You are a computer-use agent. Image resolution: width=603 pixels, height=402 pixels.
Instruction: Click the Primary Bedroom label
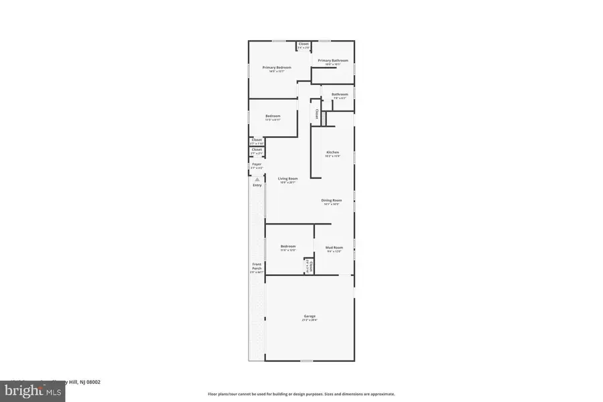[x=276, y=68]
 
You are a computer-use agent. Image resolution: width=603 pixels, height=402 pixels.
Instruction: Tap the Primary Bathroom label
[x=329, y=61]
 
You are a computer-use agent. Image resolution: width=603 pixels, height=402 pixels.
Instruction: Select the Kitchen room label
[x=333, y=153]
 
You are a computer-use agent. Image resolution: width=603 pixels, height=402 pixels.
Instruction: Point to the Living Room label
[x=288, y=179]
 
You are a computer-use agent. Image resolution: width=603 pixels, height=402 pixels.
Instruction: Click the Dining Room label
[x=332, y=201]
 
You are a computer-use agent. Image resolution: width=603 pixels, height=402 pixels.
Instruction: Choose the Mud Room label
[x=334, y=247]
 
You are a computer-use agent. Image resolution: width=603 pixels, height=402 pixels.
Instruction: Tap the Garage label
[x=310, y=316]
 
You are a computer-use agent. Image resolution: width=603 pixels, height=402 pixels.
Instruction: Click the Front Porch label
[x=256, y=267]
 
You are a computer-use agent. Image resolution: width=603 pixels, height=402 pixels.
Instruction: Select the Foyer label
[x=257, y=164]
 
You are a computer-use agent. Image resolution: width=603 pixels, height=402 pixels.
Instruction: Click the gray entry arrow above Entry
[x=257, y=179]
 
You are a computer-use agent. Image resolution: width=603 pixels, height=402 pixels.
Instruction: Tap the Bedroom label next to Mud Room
[x=288, y=247]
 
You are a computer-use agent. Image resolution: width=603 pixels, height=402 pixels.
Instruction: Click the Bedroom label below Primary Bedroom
[x=273, y=116]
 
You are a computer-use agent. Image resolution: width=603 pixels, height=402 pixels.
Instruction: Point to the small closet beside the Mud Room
[x=310, y=265]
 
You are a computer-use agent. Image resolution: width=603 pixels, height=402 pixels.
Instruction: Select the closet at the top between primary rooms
[x=304, y=44]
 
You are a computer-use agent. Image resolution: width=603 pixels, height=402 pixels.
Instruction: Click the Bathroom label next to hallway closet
[x=340, y=94]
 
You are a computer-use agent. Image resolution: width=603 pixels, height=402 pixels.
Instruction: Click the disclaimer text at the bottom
[x=301, y=394]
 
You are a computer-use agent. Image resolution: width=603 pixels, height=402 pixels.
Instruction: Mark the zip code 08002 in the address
[x=93, y=382]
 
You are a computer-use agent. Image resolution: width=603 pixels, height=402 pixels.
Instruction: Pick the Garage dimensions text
[x=310, y=320]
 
